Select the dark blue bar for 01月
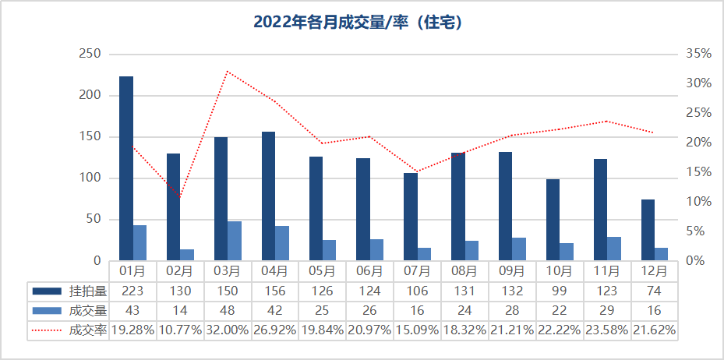point(126,168)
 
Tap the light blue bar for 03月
point(235,241)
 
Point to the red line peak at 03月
point(227,72)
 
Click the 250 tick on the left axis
point(91,54)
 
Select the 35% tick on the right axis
point(698,54)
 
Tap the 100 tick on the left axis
point(91,178)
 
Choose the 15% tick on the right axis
point(698,172)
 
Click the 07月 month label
point(417,271)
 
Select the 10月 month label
point(560,271)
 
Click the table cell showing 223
point(132,291)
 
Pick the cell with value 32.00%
point(228,330)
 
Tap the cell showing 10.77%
point(180,330)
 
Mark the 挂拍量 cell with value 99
point(560,291)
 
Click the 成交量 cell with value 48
point(228,310)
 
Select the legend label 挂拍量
point(87,291)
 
